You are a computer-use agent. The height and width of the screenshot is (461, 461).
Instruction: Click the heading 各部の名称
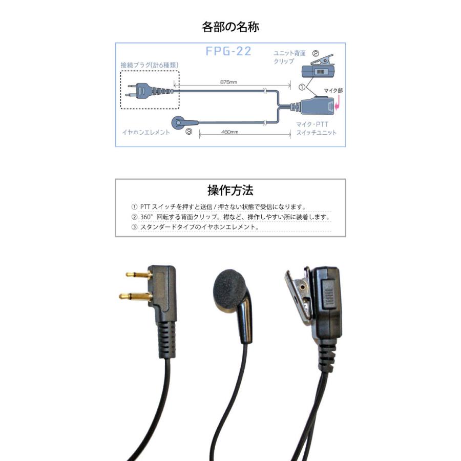[x=230, y=27]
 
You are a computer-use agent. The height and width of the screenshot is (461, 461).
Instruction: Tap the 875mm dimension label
[x=228, y=82]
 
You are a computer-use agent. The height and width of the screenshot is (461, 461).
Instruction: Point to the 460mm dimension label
[x=229, y=132]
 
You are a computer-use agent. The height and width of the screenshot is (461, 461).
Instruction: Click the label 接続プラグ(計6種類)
[x=150, y=65]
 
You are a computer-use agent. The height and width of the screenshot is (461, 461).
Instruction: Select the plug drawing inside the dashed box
[x=149, y=91]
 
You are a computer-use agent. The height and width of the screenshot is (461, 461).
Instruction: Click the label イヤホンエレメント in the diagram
[x=146, y=132]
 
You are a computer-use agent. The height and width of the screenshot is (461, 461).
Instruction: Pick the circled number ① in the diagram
[x=302, y=87]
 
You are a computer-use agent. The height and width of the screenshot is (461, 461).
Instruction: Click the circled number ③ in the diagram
[x=188, y=132]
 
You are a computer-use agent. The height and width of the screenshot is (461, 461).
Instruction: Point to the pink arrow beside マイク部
[x=337, y=104]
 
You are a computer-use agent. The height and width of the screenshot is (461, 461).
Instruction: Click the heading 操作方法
[x=230, y=191]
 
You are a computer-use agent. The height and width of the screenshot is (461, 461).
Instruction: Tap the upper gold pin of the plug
[x=137, y=275]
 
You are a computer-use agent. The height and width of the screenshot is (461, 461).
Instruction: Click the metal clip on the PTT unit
[x=299, y=295]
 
